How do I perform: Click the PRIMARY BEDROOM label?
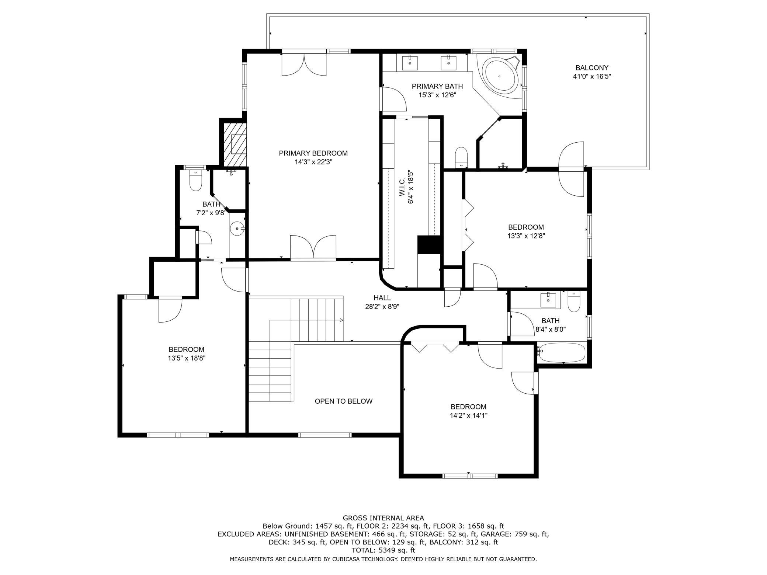pyautogui.click(x=313, y=153)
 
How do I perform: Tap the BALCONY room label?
pyautogui.click(x=592, y=68)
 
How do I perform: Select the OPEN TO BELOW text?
pyautogui.click(x=344, y=401)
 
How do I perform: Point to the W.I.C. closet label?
pyautogui.click(x=402, y=187)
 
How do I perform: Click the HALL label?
pyautogui.click(x=382, y=298)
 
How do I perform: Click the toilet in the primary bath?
pyautogui.click(x=461, y=157)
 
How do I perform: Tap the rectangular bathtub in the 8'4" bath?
pyautogui.click(x=561, y=353)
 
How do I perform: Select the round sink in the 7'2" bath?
pyautogui.click(x=237, y=229)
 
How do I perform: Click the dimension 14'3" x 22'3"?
pyautogui.click(x=313, y=162)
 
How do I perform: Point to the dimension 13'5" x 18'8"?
pyautogui.click(x=186, y=358)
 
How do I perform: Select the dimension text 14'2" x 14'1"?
pyautogui.click(x=469, y=415)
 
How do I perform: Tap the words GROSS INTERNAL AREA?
pyautogui.click(x=383, y=518)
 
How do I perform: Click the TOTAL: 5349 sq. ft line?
pyautogui.click(x=383, y=550)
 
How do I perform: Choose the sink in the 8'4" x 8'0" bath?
pyautogui.click(x=548, y=300)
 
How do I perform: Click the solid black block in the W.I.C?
pyautogui.click(x=429, y=244)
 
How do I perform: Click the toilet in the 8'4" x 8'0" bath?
pyautogui.click(x=574, y=302)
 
